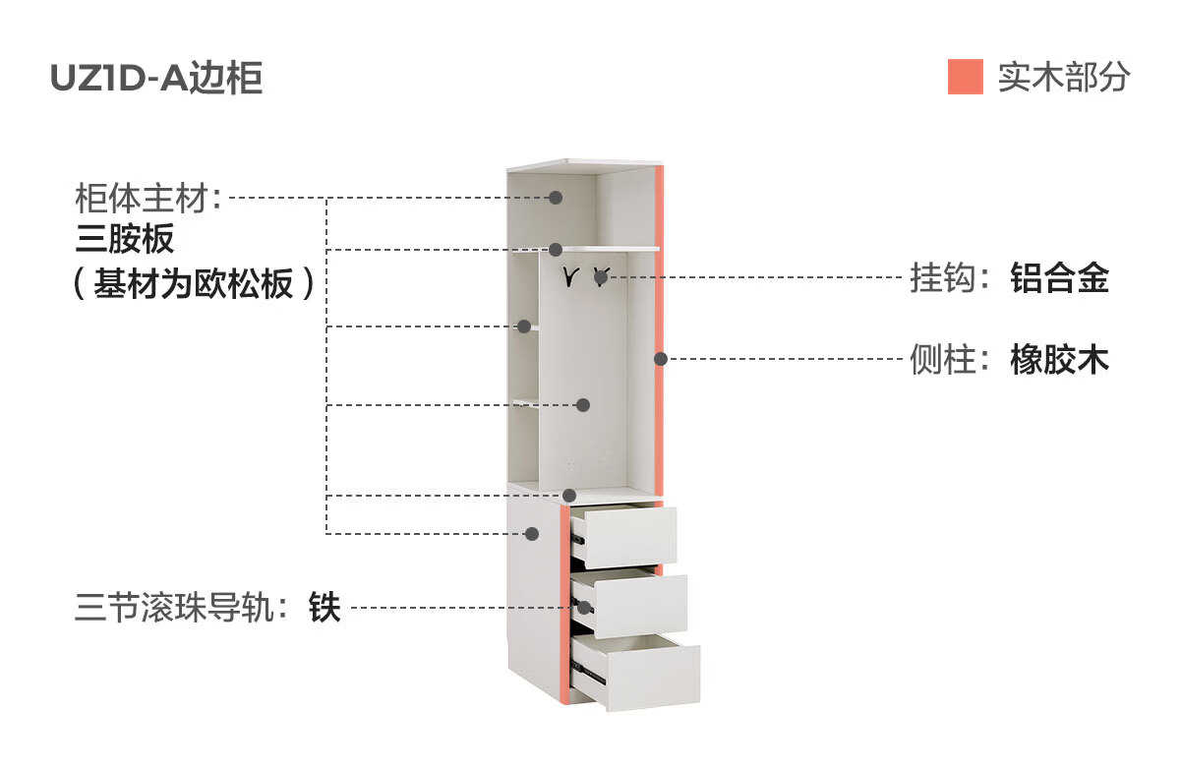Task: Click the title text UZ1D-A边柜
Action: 156,78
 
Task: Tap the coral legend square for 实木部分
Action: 965,77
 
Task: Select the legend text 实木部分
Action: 1064,77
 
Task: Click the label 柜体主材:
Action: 148,198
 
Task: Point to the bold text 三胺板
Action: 125,239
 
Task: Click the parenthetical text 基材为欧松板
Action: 194,283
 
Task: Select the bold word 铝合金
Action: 1060,277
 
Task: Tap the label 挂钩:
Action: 950,277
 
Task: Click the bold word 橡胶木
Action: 1060,359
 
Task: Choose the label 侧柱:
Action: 950,359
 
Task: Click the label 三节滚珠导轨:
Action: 181,608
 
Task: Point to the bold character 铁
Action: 324,608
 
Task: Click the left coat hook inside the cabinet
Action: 570,276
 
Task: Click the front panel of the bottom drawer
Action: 653,678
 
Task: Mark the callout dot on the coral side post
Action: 661,359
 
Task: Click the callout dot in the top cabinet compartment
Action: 556,198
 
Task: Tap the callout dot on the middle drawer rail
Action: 584,608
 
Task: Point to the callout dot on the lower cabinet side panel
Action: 532,534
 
